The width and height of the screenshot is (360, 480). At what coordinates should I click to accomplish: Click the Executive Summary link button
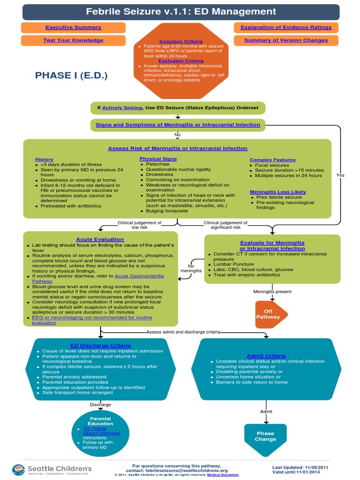pyautogui.click(x=73, y=28)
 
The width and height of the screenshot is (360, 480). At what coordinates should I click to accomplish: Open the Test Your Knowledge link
pyautogui.click(x=73, y=40)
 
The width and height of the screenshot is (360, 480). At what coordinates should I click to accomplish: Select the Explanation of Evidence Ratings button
pyautogui.click(x=286, y=28)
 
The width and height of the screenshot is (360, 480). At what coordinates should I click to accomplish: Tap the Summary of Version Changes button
pyautogui.click(x=286, y=40)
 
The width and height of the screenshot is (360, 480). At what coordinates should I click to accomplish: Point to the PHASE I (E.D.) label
pyautogui.click(x=74, y=75)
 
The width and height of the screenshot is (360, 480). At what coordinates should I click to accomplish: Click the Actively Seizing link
pyautogui.click(x=122, y=108)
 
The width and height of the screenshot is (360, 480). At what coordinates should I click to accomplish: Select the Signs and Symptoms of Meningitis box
pyautogui.click(x=178, y=125)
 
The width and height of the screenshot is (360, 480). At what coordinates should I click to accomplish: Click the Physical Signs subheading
pyautogui.click(x=158, y=159)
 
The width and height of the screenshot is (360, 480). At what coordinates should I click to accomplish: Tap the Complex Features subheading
pyautogui.click(x=272, y=160)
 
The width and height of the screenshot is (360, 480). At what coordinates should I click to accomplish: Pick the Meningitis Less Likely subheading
pyautogui.click(x=278, y=192)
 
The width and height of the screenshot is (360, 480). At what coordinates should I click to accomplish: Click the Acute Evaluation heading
pyautogui.click(x=100, y=239)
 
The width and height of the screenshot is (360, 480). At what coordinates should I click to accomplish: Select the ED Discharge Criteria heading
pyautogui.click(x=100, y=345)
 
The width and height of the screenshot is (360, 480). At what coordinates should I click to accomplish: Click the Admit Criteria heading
pyautogui.click(x=266, y=356)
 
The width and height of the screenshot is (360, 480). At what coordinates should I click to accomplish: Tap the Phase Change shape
pyautogui.click(x=265, y=436)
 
